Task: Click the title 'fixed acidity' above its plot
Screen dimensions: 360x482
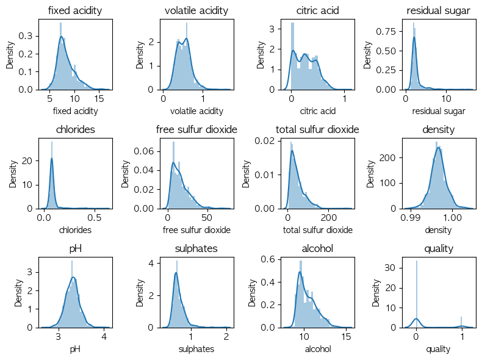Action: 75,10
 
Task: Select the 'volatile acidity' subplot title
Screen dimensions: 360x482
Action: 196,10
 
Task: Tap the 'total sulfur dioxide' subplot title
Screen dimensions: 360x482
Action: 317,129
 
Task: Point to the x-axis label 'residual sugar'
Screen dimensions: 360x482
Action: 438,111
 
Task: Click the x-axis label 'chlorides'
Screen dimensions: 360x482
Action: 75,230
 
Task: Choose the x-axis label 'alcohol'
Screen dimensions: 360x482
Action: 317,349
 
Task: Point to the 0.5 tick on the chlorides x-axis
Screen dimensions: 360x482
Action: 95,217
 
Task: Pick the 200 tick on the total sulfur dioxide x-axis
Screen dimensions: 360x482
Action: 329,217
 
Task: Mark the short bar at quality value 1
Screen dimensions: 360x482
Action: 461,322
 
